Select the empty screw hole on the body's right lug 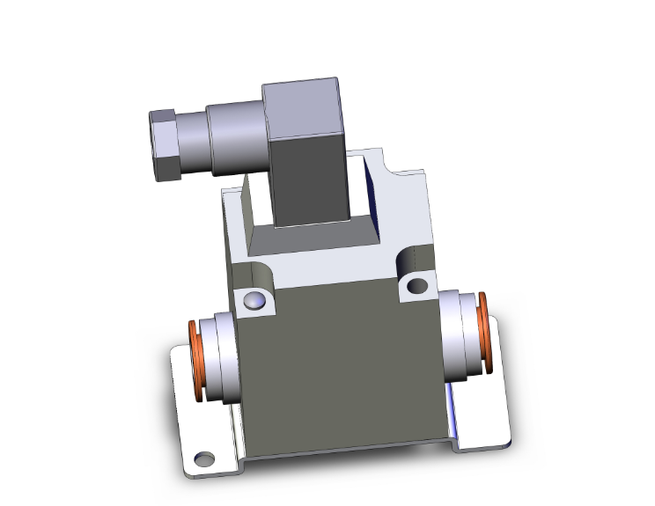click(x=416, y=285)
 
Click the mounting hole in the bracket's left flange click(x=204, y=458)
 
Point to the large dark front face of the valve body click(x=339, y=370)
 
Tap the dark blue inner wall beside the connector click(x=371, y=189)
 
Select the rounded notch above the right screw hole click(x=408, y=259)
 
